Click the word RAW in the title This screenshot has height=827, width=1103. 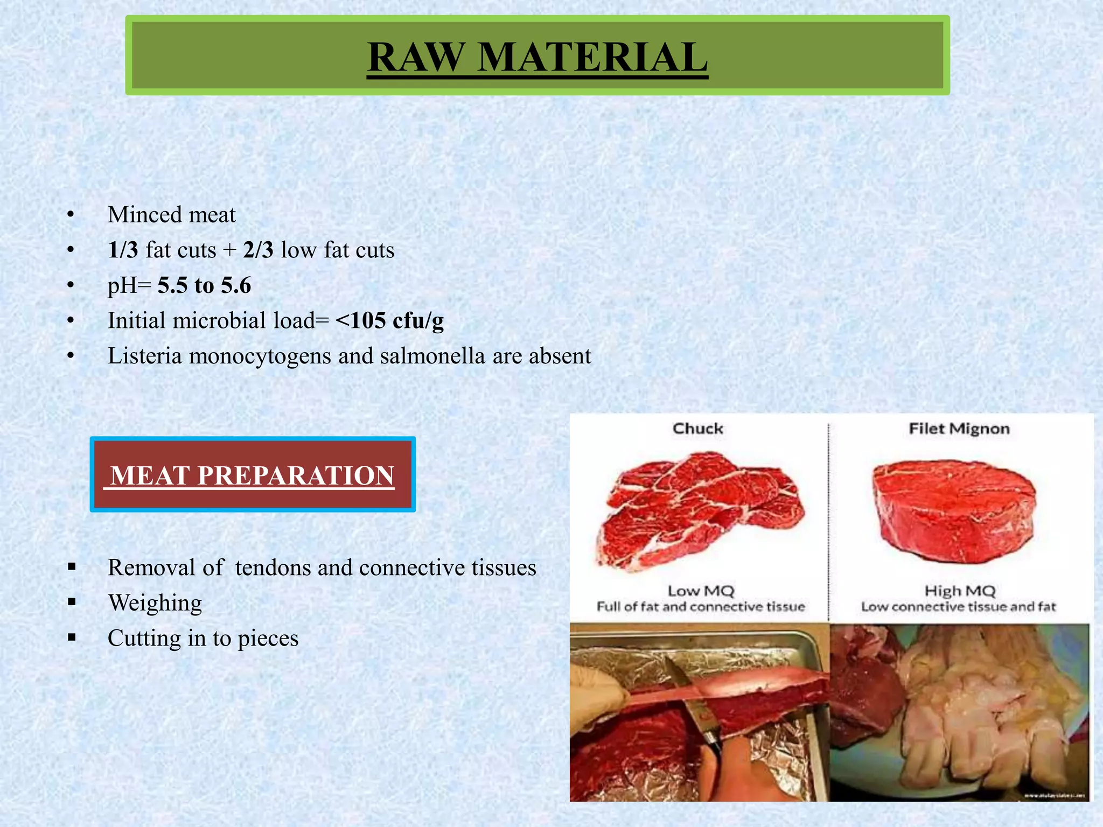[415, 57]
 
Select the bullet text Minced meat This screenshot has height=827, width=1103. [171, 215]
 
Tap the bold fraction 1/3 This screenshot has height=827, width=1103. [123, 250]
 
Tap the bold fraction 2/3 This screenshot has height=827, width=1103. [258, 250]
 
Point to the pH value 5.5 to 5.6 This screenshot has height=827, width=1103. [204, 285]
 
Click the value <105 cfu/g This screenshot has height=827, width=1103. [389, 321]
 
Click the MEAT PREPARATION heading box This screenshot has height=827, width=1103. [253, 475]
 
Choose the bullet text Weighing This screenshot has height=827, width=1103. [155, 603]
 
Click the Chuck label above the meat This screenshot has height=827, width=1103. [697, 429]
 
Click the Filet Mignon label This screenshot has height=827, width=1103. [959, 429]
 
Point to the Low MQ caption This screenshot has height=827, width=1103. [701, 591]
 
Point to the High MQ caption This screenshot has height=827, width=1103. [959, 591]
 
